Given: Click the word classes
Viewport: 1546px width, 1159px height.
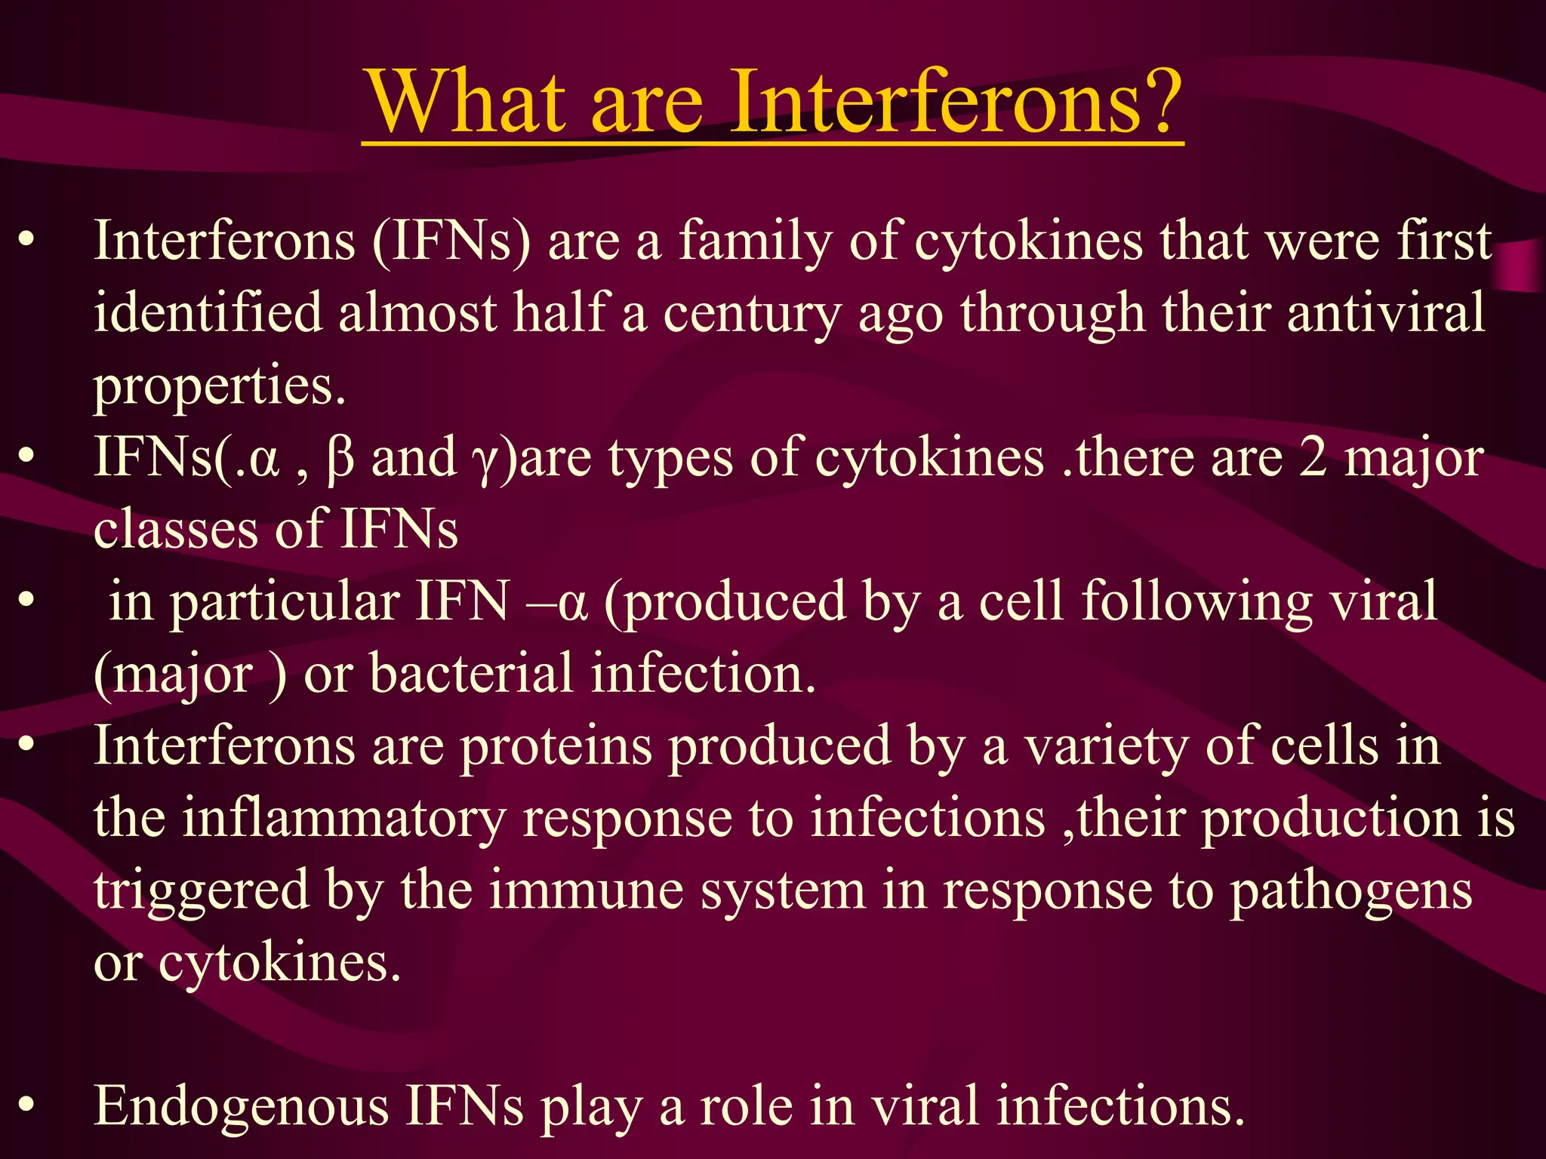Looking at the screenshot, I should coord(174,529).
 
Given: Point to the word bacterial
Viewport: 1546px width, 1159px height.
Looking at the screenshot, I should coord(471,674).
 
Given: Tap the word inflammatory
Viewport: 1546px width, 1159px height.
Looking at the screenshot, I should coord(344,819).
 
